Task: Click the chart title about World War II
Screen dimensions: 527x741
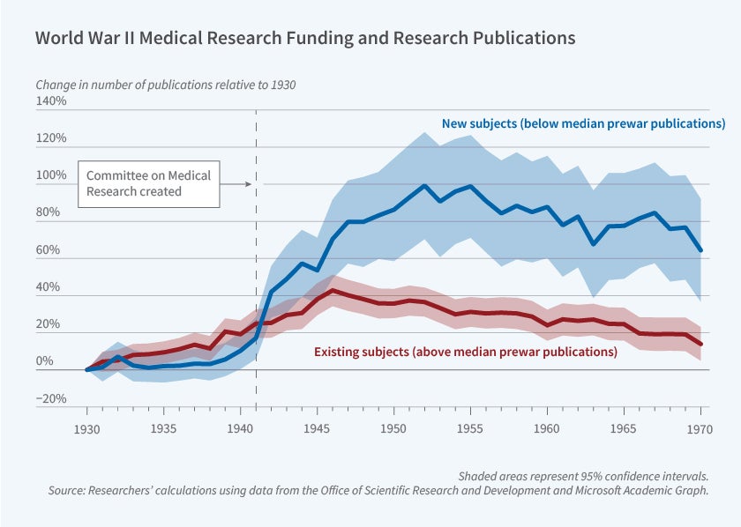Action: (305, 39)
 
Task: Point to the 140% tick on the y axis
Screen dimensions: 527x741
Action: (51, 101)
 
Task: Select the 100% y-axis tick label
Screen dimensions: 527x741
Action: (51, 175)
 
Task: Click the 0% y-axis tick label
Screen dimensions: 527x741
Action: (56, 361)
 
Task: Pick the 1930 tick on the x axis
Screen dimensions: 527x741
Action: (86, 428)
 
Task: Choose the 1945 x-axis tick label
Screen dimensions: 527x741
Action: (317, 428)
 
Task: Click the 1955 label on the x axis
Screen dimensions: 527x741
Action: (471, 428)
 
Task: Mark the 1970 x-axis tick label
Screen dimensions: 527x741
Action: (700, 428)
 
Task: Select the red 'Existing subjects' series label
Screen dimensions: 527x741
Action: (466, 352)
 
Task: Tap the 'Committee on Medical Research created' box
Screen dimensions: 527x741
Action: (148, 183)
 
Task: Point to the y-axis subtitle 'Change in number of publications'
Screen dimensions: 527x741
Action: (165, 85)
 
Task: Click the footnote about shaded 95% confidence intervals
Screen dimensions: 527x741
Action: (583, 476)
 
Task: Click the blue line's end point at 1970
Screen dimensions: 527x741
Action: (700, 251)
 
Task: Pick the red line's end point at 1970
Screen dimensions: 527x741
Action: (700, 344)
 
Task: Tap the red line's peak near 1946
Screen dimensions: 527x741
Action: (332, 290)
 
